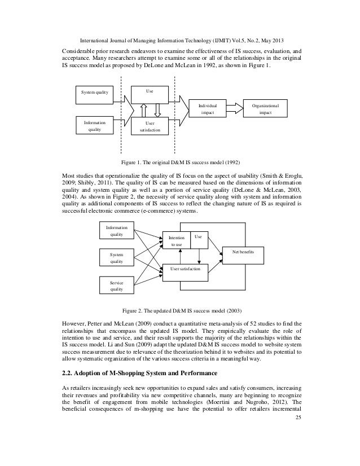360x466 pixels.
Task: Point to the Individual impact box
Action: click(208, 108)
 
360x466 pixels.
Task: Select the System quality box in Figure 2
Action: click(117, 258)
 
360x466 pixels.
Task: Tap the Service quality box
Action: click(117, 285)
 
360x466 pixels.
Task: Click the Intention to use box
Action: click(176, 241)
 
